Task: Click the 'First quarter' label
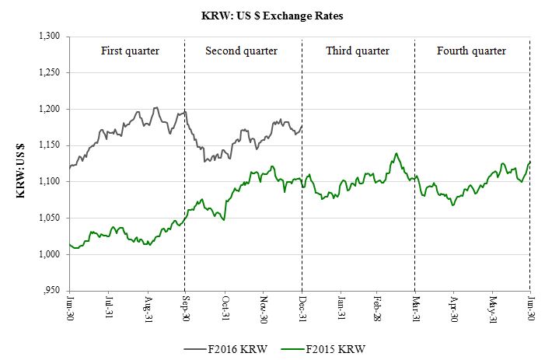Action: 130,51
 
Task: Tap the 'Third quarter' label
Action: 357,51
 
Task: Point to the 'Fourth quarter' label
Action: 471,51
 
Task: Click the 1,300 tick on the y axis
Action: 50,37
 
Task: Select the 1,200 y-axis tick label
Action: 50,109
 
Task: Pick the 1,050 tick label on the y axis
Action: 50,218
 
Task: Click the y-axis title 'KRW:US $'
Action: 21,163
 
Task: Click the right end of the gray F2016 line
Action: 302,126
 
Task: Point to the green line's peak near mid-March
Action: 397,154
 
